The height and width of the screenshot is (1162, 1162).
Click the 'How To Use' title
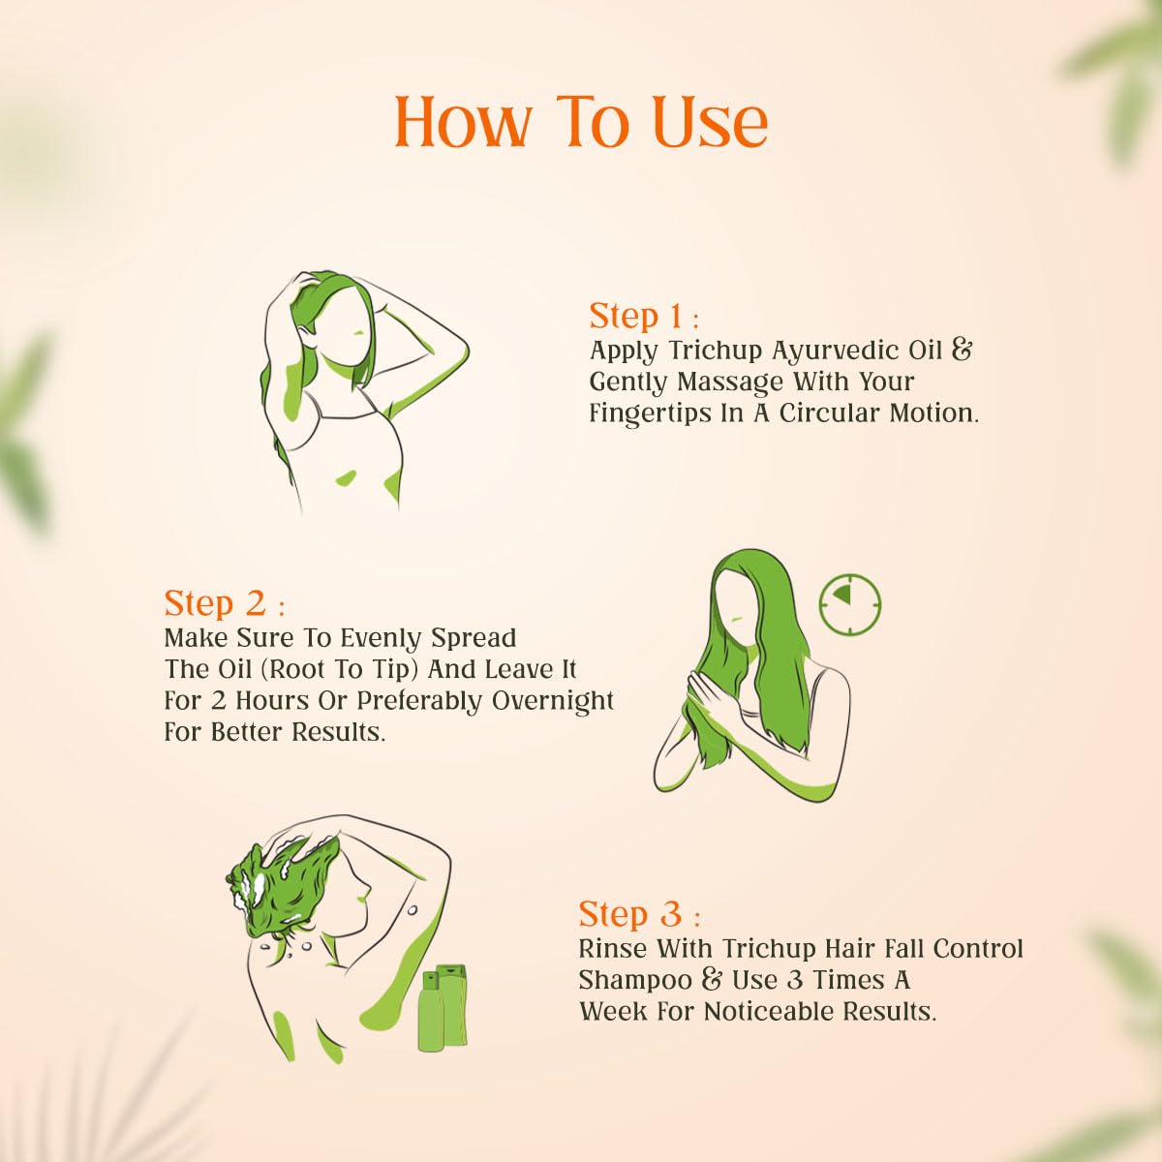[x=581, y=123]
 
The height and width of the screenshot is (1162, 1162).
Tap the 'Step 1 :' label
[x=643, y=317]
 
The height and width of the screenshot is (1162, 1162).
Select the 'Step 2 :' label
[x=224, y=603]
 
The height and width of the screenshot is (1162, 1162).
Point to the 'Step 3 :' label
[x=638, y=914]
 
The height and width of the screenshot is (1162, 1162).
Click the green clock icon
[x=850, y=604]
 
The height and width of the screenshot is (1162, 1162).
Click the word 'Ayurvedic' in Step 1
[x=838, y=350]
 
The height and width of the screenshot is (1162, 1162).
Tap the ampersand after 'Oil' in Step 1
[x=962, y=350]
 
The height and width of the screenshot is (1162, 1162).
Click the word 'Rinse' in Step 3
[x=613, y=948]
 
